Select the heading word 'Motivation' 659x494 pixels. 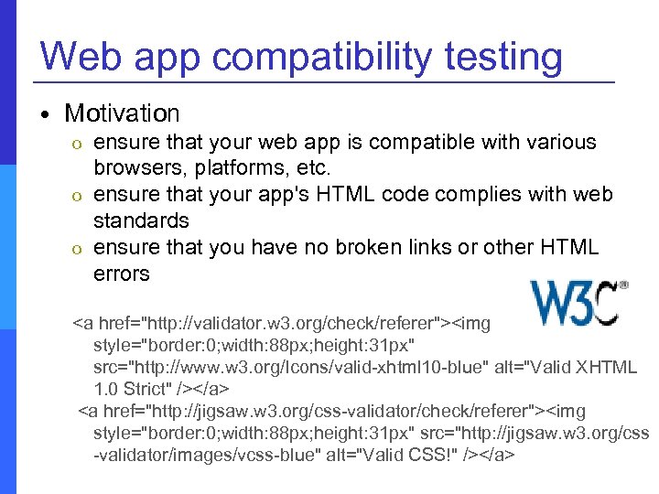122,113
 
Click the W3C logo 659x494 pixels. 578,303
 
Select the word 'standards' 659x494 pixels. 141,220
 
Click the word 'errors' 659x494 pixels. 121,273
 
